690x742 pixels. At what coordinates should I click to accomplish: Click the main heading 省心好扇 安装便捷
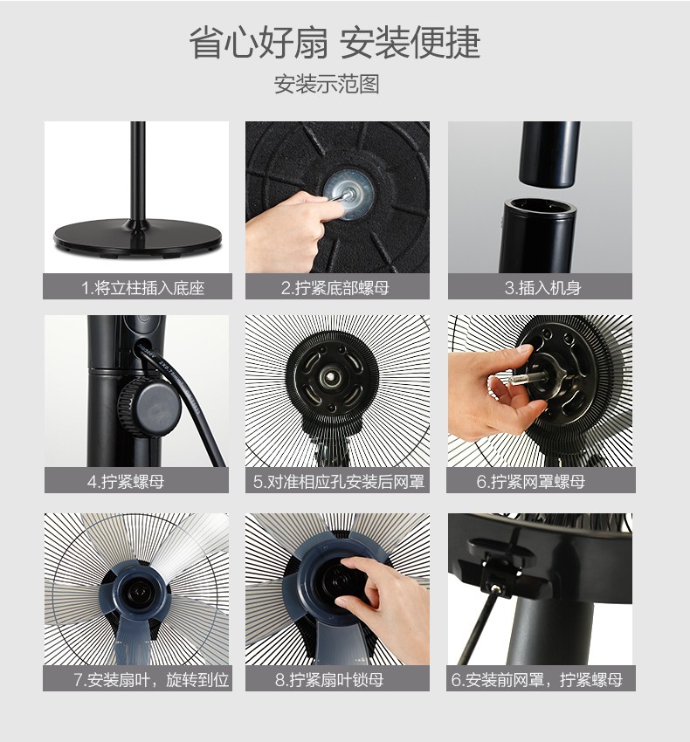point(335,43)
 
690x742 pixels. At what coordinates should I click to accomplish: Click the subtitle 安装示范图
point(327,84)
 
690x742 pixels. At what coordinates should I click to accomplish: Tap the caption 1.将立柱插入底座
point(142,288)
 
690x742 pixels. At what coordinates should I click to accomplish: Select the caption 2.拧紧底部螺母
point(335,288)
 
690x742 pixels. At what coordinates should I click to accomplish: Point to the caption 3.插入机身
point(542,288)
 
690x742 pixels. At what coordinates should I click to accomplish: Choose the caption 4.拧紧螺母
point(126,482)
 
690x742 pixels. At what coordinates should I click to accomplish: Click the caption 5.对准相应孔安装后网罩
point(339,482)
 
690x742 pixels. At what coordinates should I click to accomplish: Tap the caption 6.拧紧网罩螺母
point(531,482)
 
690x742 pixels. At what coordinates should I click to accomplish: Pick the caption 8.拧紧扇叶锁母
point(329,680)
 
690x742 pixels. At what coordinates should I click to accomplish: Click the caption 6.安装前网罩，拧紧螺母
point(537,680)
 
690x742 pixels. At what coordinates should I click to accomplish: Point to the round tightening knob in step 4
point(149,406)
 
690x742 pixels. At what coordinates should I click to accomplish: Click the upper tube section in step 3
point(549,154)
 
